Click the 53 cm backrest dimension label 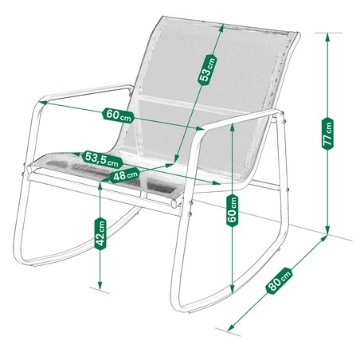click(x=208, y=69)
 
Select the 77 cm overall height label click(x=327, y=134)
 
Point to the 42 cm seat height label click(x=100, y=233)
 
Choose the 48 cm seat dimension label click(x=124, y=175)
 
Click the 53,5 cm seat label click(x=102, y=159)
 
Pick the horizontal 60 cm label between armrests click(x=119, y=115)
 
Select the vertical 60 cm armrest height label click(x=233, y=210)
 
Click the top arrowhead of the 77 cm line click(x=327, y=37)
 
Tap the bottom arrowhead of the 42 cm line click(x=100, y=286)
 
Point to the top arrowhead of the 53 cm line click(x=221, y=28)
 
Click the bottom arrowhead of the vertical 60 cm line click(x=233, y=289)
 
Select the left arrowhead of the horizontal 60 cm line click(x=43, y=102)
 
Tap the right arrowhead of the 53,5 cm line click(x=217, y=182)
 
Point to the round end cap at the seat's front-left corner click(x=29, y=170)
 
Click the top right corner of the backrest click(x=299, y=33)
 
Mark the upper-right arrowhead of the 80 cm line click(x=323, y=238)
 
